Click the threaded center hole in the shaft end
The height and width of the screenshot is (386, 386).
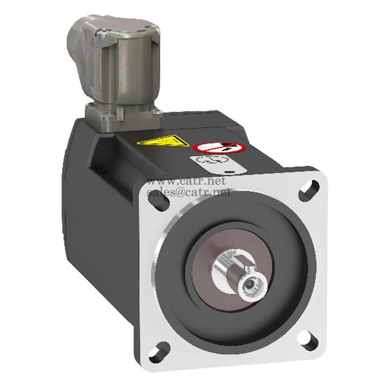251,282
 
